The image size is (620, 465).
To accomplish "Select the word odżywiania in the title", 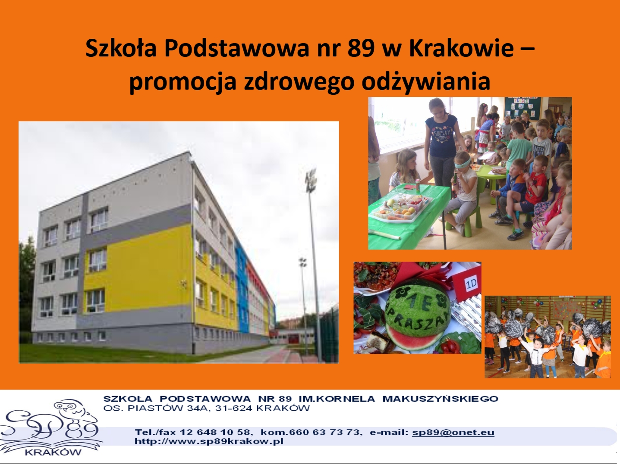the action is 426,82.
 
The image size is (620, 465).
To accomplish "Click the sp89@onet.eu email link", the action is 453,432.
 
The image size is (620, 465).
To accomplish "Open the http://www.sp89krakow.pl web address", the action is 209,441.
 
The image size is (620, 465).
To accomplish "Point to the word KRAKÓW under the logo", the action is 53,453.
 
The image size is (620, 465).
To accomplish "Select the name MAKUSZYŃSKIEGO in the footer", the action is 440,399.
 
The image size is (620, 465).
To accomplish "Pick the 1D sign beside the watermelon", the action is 471,283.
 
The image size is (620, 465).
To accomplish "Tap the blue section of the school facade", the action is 242,288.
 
